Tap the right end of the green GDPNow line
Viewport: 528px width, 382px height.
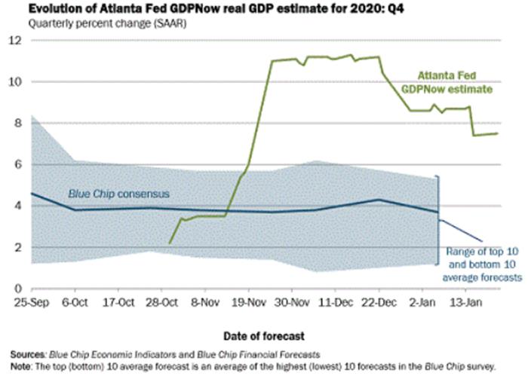[497, 133]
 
